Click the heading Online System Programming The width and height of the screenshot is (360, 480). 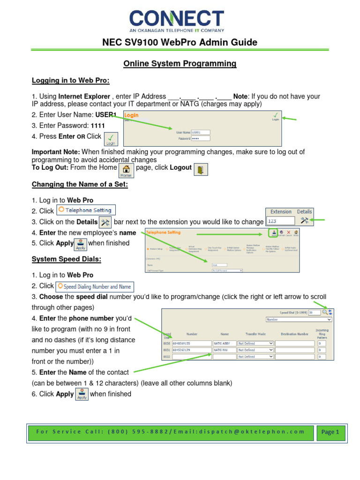(x=180, y=63)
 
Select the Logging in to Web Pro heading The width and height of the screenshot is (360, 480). (x=70, y=81)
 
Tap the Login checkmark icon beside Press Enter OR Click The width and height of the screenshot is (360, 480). (x=110, y=139)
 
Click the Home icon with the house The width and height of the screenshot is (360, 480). (x=126, y=170)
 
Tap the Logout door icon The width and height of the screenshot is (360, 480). (x=201, y=169)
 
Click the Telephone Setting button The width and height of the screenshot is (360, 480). (x=86, y=210)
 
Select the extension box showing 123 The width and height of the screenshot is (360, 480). (x=280, y=220)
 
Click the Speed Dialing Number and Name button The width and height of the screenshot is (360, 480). (x=94, y=286)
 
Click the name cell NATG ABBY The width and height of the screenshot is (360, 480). (x=224, y=343)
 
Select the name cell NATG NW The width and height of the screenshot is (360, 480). (x=224, y=350)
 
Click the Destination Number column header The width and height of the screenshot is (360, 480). (x=294, y=334)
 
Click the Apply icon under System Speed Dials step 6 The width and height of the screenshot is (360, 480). (x=82, y=394)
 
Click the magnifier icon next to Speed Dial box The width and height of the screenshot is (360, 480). (x=324, y=312)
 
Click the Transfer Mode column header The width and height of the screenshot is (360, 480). (x=255, y=334)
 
